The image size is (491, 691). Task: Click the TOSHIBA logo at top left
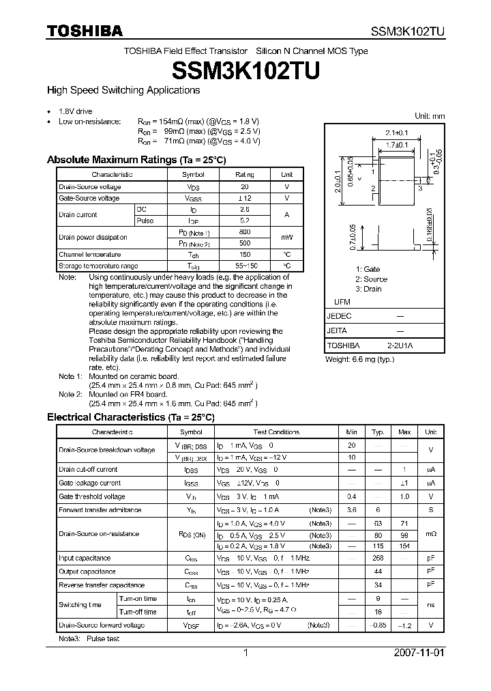point(85,31)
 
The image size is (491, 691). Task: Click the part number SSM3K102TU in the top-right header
point(407,31)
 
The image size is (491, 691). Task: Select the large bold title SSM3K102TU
point(245,70)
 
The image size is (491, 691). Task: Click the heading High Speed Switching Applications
point(123,90)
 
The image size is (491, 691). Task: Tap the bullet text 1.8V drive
point(75,111)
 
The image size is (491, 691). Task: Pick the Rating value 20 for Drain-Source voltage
point(245,186)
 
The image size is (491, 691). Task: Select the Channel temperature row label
point(90,254)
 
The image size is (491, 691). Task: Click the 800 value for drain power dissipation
point(245,232)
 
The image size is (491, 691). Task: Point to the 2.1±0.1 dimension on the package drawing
point(396,132)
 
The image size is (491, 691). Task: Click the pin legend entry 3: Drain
point(368,289)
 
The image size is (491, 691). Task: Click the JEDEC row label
point(339,317)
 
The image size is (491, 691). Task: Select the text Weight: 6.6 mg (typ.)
point(359,359)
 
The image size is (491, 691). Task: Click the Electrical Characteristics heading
point(130,417)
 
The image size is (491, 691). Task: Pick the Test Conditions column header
point(276,432)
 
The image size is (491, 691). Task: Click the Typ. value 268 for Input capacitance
point(377,558)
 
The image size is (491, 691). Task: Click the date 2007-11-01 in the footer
point(419,653)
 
